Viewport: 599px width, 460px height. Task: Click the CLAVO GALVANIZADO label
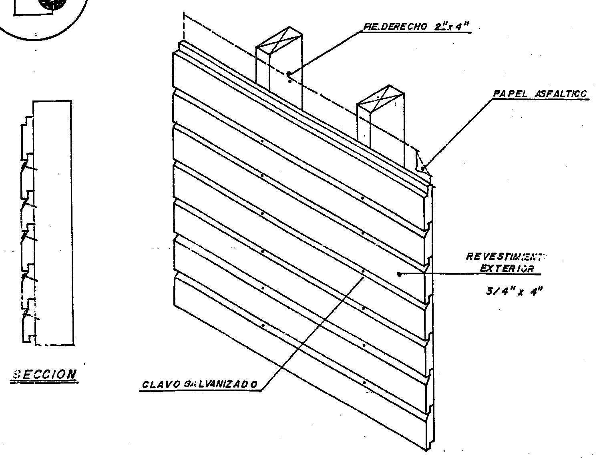pos(200,385)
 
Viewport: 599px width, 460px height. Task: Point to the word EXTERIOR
pos(507,268)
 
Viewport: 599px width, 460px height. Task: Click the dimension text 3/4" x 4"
pos(514,291)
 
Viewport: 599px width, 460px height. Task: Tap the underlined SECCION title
pos(44,374)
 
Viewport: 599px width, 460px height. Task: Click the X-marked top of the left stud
pos(279,40)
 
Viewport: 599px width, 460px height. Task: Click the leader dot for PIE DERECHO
pos(288,74)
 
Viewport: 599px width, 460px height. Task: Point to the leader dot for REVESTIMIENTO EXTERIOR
pos(399,274)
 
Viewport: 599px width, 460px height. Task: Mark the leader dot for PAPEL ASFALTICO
pos(423,169)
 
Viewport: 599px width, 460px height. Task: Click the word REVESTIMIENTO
pos(506,257)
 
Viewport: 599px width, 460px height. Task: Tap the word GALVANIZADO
pos(220,385)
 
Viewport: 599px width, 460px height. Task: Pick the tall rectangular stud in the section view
pos(53,222)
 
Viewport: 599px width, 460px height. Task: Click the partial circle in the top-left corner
pos(44,16)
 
